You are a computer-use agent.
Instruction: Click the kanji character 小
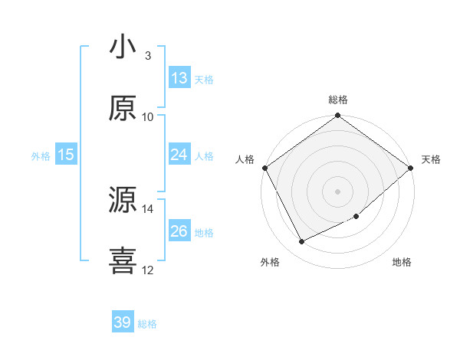click(x=123, y=47)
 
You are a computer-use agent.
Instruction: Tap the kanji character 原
click(x=123, y=109)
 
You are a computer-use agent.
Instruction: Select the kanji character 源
click(x=123, y=201)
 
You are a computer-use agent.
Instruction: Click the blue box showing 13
click(x=179, y=78)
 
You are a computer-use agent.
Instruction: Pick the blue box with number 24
click(x=179, y=155)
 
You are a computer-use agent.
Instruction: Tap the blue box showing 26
click(x=179, y=231)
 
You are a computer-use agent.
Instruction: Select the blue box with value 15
click(x=66, y=155)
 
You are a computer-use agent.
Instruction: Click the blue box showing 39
click(x=123, y=322)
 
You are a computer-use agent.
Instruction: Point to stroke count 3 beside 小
click(x=148, y=56)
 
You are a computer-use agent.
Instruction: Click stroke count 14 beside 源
click(x=148, y=208)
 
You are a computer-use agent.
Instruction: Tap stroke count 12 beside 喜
click(x=148, y=270)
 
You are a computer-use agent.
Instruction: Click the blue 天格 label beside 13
click(x=204, y=79)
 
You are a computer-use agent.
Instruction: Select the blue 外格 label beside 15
click(x=41, y=155)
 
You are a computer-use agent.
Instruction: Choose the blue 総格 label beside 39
click(x=147, y=324)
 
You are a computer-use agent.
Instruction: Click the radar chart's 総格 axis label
click(x=338, y=100)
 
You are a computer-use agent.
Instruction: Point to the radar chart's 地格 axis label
click(x=402, y=262)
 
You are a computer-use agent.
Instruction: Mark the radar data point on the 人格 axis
click(x=264, y=168)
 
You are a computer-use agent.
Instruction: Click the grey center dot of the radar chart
click(x=338, y=191)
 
